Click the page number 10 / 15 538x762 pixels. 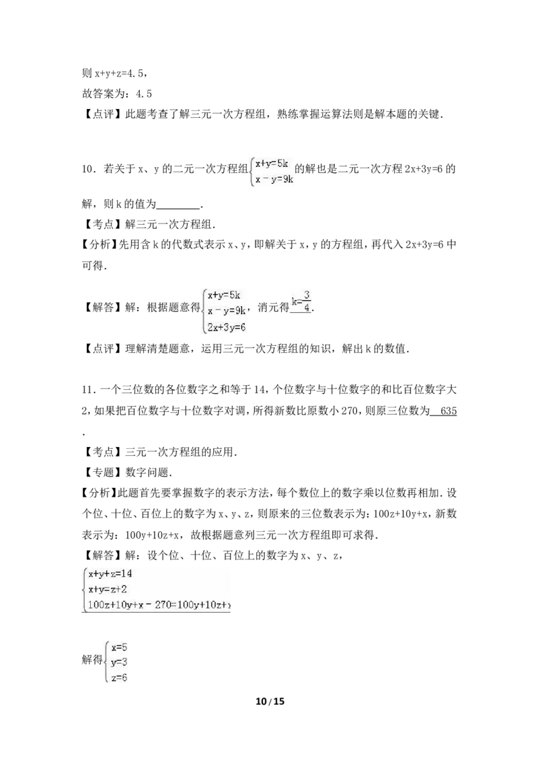[x=270, y=701]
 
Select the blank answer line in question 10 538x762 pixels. [x=179, y=209]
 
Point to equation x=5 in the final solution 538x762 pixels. [x=119, y=648]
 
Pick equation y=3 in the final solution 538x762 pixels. [x=119, y=662]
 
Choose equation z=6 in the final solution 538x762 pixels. [x=119, y=677]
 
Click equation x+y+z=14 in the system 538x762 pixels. [x=110, y=574]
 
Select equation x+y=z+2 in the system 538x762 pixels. [x=108, y=590]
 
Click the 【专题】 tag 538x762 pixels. [x=103, y=473]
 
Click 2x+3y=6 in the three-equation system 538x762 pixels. [x=226, y=327]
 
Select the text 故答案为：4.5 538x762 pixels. [x=117, y=94]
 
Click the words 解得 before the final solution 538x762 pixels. [x=92, y=660]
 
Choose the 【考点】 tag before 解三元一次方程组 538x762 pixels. [x=103, y=225]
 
